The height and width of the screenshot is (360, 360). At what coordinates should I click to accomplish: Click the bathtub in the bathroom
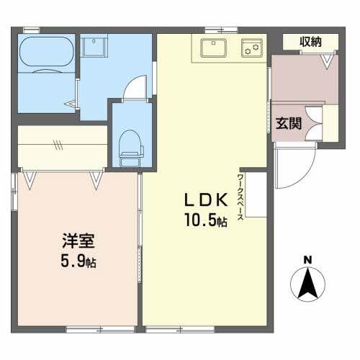point(47,52)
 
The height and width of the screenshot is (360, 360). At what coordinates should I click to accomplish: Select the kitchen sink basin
point(214,48)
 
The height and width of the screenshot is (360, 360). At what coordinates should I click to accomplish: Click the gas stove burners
point(252,48)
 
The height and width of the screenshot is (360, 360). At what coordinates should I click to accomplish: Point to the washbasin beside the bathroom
point(94,45)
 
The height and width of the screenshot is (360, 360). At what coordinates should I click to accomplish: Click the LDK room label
point(206,199)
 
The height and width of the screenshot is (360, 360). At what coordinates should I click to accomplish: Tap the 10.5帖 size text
point(206,220)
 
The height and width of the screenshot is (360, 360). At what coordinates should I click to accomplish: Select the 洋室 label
point(78,240)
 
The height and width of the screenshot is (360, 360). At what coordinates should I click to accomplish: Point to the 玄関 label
point(289,123)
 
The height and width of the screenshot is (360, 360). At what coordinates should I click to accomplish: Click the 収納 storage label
point(310,42)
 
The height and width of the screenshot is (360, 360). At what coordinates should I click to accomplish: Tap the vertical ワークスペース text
point(240,197)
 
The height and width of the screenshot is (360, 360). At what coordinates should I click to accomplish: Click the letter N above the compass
point(307,260)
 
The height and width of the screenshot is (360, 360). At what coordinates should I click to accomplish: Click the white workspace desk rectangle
point(256,194)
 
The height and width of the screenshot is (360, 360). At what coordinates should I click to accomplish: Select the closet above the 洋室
point(63,146)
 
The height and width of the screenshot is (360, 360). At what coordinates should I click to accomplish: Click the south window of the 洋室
point(100,330)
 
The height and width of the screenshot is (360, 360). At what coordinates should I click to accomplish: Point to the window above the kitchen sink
point(221,30)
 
